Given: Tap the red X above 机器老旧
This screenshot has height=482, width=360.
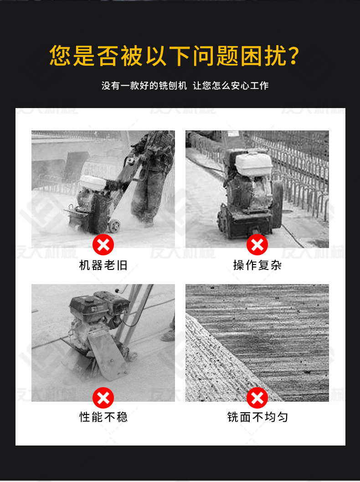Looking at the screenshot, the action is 103,245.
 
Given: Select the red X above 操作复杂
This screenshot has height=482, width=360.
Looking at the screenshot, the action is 257,245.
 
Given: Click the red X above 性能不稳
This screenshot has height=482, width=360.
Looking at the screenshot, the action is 103,398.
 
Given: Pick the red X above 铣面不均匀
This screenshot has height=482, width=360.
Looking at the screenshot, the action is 257,398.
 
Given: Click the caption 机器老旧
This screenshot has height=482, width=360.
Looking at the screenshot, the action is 103,265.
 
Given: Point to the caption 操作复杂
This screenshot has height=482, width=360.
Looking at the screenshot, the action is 257,265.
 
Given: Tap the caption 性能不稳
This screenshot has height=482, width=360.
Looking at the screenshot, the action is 103,417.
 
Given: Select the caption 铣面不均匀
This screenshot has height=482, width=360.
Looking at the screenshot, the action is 257,417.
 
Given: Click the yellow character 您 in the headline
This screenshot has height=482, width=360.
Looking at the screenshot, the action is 61,56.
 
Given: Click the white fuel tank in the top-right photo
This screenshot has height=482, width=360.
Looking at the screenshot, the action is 253,164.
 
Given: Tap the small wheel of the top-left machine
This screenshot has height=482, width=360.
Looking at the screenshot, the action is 114,226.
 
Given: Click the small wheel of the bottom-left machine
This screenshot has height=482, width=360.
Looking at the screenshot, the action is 134,356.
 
